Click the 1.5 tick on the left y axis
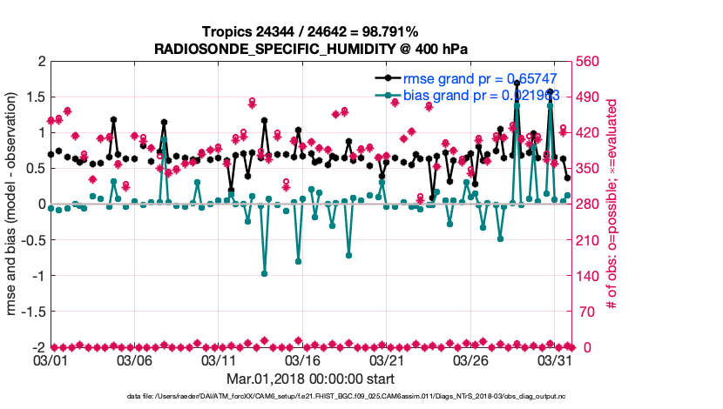34,97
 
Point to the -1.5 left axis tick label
31,311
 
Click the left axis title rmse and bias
12,204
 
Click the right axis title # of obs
612,204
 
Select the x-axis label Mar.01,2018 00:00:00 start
310,379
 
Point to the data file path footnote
361,397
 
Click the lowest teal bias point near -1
264,273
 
